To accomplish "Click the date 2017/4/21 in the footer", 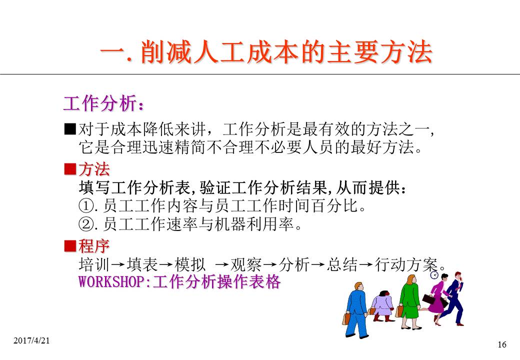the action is pos(31,340).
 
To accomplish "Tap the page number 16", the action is pos(502,345).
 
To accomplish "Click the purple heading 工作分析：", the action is pos(104,103).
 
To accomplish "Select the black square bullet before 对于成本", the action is pos(70,129).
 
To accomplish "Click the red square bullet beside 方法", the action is pos(70,169).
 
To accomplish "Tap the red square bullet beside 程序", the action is pos(70,246).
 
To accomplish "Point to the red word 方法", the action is pos(94,169).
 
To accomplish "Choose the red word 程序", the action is pos(94,246).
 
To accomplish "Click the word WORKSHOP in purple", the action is pos(111,282).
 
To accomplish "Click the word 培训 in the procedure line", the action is pos(94,264).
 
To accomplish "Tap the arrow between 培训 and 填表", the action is pos(118,265).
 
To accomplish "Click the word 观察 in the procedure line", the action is pos(246,264).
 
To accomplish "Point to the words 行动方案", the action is pos(406,264).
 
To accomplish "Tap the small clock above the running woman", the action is pos(434,275).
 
